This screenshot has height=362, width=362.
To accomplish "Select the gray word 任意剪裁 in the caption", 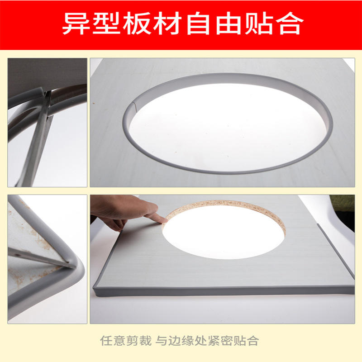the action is (126, 341).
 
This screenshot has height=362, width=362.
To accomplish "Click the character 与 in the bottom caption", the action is (162, 341).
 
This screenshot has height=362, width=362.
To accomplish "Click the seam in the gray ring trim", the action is (135, 107).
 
